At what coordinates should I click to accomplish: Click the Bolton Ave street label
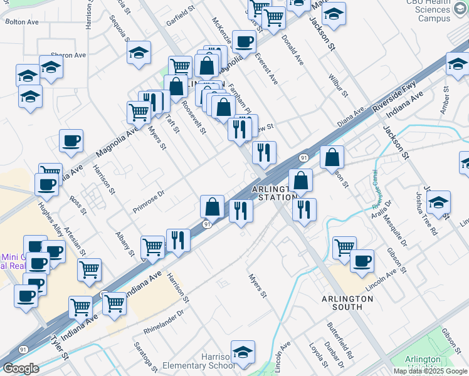pos(22,21)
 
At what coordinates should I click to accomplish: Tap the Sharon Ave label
pos(72,55)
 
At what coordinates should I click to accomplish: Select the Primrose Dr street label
pos(149,202)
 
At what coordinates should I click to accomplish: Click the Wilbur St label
pos(337,85)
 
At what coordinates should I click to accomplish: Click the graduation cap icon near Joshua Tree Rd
pos(438,202)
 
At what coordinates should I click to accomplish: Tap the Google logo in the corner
pos(21,368)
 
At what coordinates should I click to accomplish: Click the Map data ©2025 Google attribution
pos(431,371)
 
